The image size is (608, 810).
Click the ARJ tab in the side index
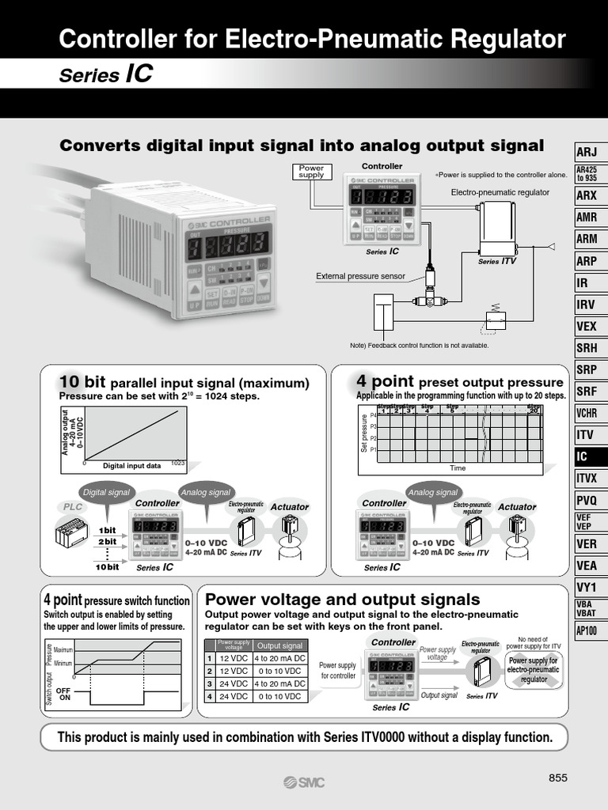point(587,152)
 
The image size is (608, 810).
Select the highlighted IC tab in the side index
point(587,457)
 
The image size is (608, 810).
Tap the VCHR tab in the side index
point(587,413)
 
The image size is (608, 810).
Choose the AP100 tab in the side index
point(587,631)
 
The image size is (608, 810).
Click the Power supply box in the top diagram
point(312,172)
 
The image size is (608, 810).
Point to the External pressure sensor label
point(360,276)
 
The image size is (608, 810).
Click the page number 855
point(558,778)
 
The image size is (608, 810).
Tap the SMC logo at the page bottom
point(304,782)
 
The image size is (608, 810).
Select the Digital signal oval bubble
point(106,492)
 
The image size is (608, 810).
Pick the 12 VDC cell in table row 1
point(234,658)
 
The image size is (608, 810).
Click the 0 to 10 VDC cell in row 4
point(279,697)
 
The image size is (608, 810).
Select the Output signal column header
point(279,645)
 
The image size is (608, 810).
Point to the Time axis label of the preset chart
point(458,468)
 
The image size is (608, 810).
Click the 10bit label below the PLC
point(108,566)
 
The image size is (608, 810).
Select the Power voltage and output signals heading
point(342,599)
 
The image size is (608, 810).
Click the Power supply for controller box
point(338,671)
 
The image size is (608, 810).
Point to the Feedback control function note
point(419,345)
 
